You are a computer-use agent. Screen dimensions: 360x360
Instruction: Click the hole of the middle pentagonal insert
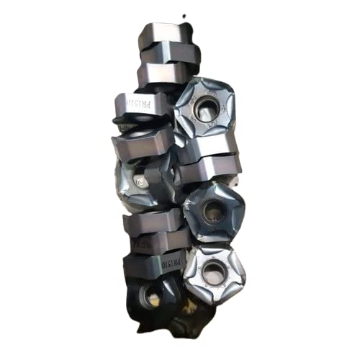pos(213,211)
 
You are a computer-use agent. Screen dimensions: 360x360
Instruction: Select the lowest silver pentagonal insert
pos(214,272)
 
